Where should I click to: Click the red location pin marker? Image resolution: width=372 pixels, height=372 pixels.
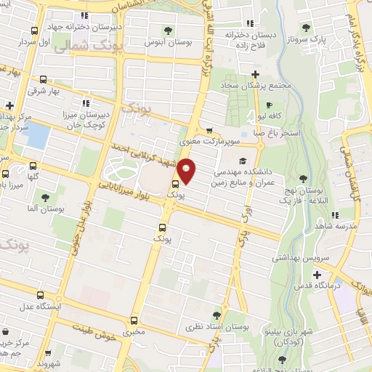click(x=187, y=171)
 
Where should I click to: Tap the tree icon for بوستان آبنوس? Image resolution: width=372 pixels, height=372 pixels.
click(x=169, y=31)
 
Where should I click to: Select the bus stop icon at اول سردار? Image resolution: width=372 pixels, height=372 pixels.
click(x=34, y=31)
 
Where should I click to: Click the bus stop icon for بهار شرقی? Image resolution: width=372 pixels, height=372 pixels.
click(x=44, y=79)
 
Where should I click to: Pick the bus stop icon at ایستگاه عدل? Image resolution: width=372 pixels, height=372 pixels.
click(x=40, y=295)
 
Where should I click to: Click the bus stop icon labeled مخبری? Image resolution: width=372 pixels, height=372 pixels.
click(x=134, y=320)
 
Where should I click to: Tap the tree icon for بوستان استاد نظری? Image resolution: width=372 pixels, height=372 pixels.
click(x=217, y=315)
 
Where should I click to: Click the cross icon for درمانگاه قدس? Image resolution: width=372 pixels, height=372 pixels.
click(x=317, y=275)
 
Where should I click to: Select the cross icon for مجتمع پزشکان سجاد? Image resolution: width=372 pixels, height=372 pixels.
click(x=255, y=74)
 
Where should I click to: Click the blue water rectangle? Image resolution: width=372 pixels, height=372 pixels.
click(x=34, y=136)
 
